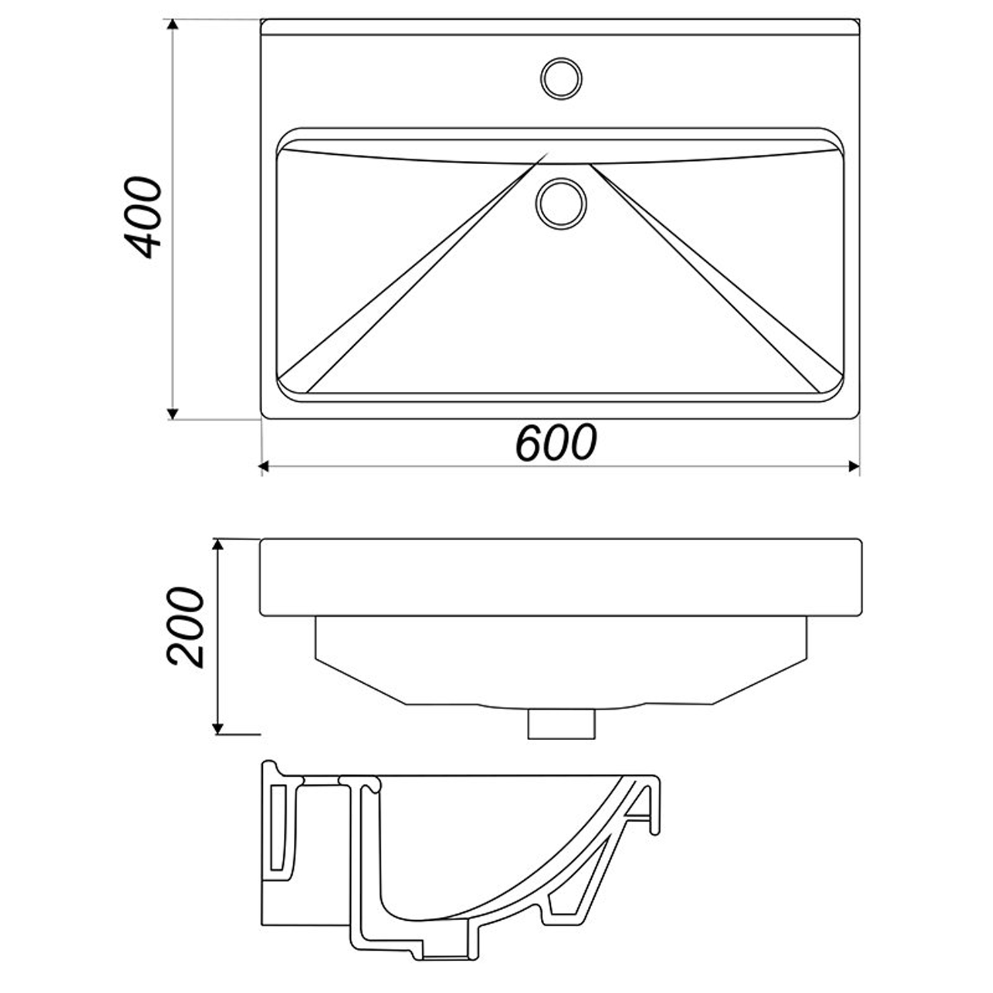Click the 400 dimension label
pos(143,217)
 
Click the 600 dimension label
pos(556,442)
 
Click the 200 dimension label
pos(185,626)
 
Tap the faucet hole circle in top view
pos(561,78)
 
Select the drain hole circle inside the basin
pos(561,203)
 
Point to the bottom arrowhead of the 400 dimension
pos(173,413)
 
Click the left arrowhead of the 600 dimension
pos(267,467)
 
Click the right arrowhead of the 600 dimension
pos(853,467)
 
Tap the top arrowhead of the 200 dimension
pos(217,545)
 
